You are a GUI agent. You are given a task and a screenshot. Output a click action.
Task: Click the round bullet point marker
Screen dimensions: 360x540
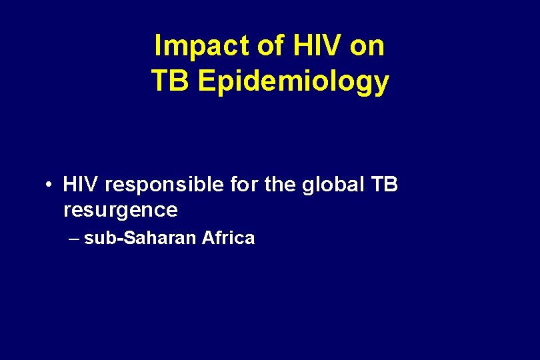pyautogui.click(x=50, y=184)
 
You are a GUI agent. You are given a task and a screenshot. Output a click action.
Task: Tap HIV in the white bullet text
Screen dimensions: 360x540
pyautogui.click(x=81, y=184)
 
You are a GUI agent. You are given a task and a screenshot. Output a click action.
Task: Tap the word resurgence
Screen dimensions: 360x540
pyautogui.click(x=121, y=211)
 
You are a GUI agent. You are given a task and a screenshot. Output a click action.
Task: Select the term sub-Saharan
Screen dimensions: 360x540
pyautogui.click(x=140, y=238)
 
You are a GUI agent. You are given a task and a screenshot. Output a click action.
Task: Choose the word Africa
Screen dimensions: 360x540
pyautogui.click(x=228, y=238)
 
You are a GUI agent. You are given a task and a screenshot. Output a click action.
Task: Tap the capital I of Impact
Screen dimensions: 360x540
pyautogui.click(x=157, y=47)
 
